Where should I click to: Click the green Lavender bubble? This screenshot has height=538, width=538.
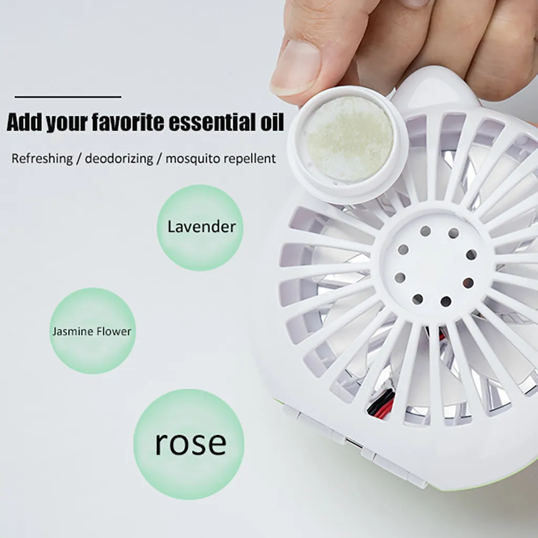point(200,227)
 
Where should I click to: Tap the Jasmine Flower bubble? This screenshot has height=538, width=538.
point(92,331)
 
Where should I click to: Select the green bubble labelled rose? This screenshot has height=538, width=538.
point(189,444)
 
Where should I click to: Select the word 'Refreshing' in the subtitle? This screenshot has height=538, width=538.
point(42,159)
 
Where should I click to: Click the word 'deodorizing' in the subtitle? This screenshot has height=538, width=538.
point(119,159)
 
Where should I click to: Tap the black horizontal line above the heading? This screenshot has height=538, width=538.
point(68,97)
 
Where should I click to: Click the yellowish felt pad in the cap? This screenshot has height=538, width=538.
point(349,138)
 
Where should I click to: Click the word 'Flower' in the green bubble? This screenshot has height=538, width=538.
point(114,332)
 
